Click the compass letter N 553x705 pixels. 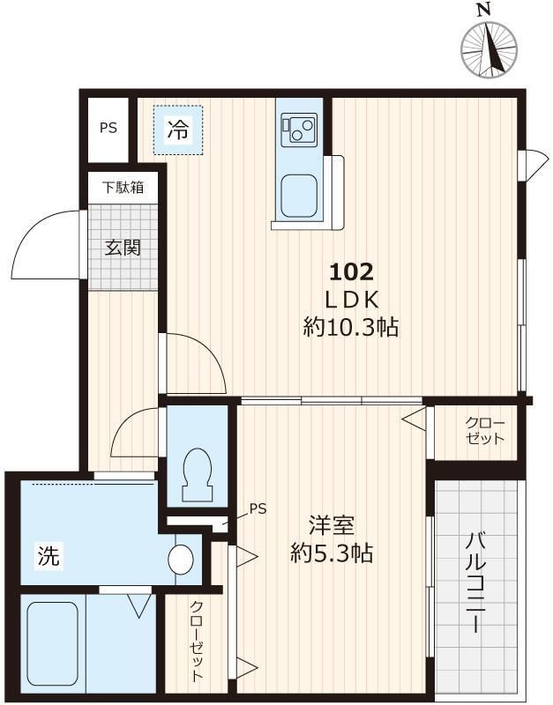(482, 10)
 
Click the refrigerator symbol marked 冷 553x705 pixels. (178, 130)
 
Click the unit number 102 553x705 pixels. (353, 271)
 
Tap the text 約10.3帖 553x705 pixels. (350, 329)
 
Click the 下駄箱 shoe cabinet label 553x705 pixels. (123, 187)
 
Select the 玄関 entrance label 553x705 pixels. (123, 248)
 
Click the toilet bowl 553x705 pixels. (195, 476)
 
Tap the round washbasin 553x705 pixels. (181, 558)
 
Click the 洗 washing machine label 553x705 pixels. (49, 556)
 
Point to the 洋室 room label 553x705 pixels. (331, 526)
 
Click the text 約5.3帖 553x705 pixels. (332, 554)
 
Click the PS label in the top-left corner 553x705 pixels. (108, 128)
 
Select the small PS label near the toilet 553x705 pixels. (258, 508)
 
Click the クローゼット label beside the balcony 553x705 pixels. (485, 431)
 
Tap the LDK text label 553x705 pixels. (352, 299)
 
